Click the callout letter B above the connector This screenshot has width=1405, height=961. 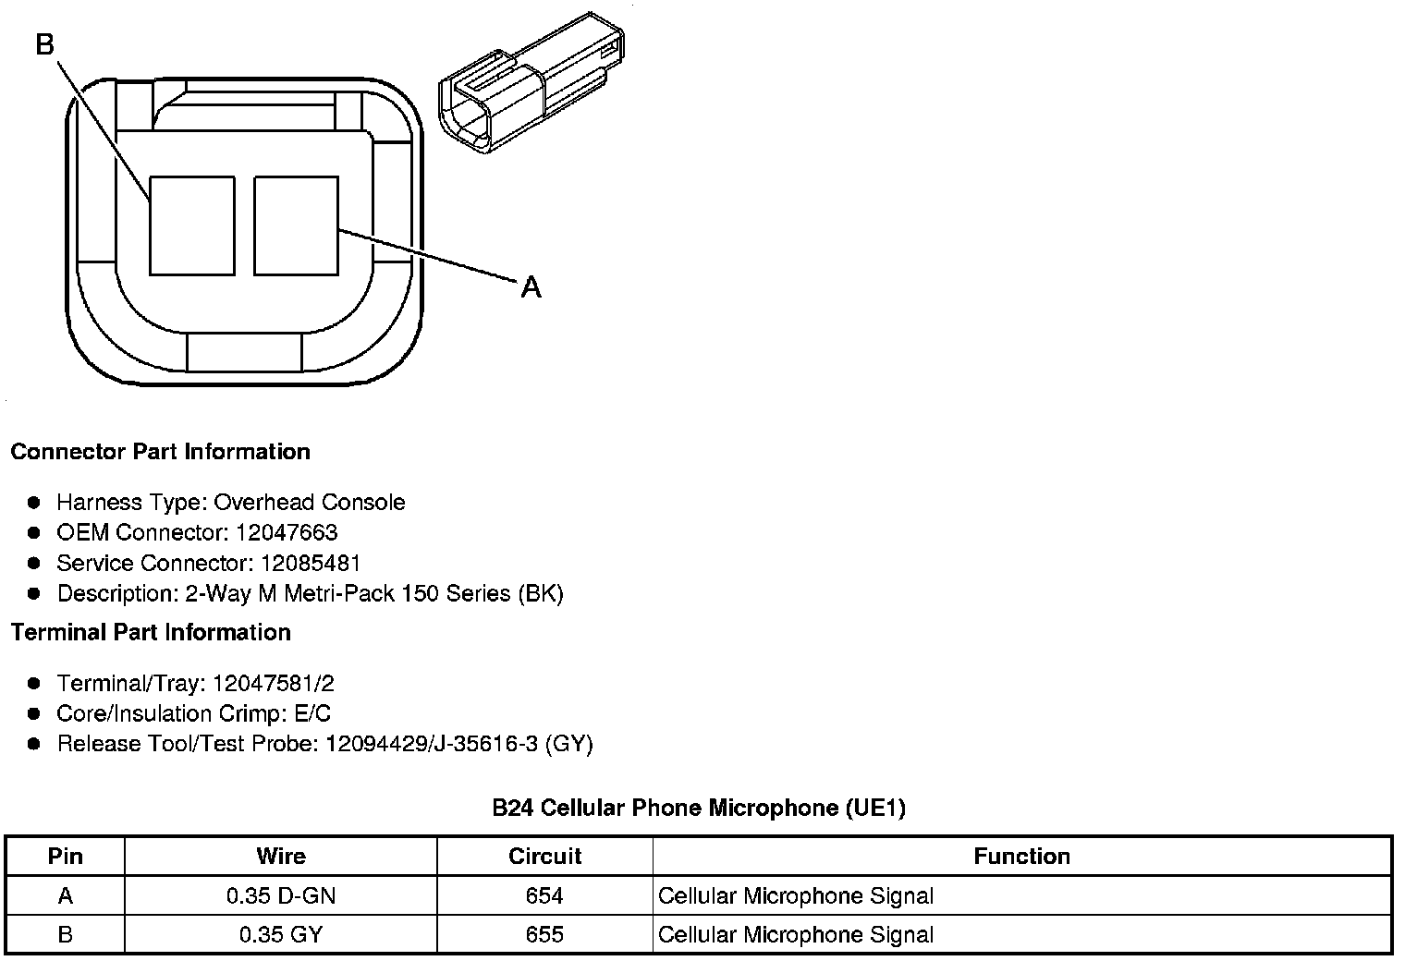[x=45, y=44]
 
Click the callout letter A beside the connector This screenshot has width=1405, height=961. [x=531, y=287]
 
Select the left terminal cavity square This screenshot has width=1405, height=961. [x=192, y=225]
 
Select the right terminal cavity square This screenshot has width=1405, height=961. [x=296, y=225]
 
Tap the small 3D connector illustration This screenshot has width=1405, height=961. [x=531, y=82]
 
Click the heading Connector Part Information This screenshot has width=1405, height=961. [x=161, y=451]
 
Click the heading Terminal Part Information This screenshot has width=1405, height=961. [x=152, y=632]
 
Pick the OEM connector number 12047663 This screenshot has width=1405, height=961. [x=287, y=532]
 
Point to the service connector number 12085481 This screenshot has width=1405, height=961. [x=311, y=563]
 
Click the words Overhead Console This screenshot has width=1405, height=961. [x=310, y=502]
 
